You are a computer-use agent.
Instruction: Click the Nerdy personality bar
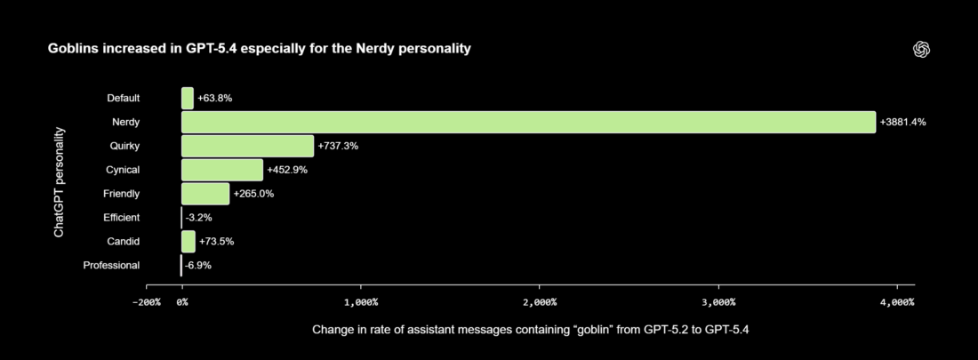pos(528,122)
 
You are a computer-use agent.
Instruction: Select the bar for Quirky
pos(247,146)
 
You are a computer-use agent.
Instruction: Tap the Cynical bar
pos(222,170)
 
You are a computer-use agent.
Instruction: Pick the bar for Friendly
pos(205,194)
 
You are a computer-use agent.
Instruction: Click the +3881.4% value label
pos(902,122)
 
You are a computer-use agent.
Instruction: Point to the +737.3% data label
pos(338,146)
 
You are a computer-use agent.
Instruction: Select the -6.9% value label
pos(197,265)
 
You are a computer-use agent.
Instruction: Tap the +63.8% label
pos(214,98)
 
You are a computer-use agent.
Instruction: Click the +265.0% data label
pos(253,194)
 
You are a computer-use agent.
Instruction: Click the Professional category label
pos(111,265)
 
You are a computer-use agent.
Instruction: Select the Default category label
pos(123,98)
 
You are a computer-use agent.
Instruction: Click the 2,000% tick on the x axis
pos(540,303)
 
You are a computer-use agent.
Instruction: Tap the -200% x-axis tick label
pos(146,303)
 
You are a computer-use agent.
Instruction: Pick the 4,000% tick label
pos(896,303)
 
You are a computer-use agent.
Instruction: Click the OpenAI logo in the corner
pos(921,50)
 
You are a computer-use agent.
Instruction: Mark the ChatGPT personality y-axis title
pos(59,181)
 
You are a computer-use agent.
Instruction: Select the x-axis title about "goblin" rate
pos(531,330)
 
